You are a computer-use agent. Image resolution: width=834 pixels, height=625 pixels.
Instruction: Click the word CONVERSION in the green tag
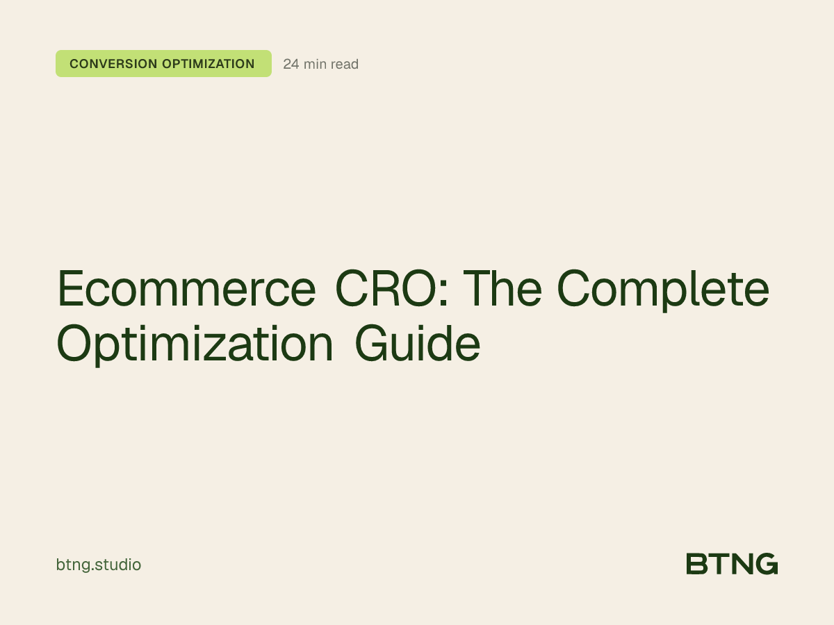(x=113, y=64)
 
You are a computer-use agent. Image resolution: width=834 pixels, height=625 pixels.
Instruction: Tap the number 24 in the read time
(x=291, y=65)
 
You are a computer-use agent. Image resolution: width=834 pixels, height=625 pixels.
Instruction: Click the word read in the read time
(x=345, y=65)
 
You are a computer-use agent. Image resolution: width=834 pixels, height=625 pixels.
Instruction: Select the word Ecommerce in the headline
(x=186, y=290)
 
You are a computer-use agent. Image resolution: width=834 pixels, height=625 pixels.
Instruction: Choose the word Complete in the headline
(x=664, y=290)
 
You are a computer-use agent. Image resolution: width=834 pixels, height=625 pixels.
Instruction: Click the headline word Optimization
(x=195, y=344)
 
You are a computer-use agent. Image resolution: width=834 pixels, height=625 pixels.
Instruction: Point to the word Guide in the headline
(x=418, y=344)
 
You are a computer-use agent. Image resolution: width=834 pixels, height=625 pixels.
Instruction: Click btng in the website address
(x=72, y=565)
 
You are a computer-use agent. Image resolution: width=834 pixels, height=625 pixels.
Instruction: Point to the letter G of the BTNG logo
(x=766, y=564)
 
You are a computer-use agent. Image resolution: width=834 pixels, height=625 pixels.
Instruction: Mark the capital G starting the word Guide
(x=372, y=344)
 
